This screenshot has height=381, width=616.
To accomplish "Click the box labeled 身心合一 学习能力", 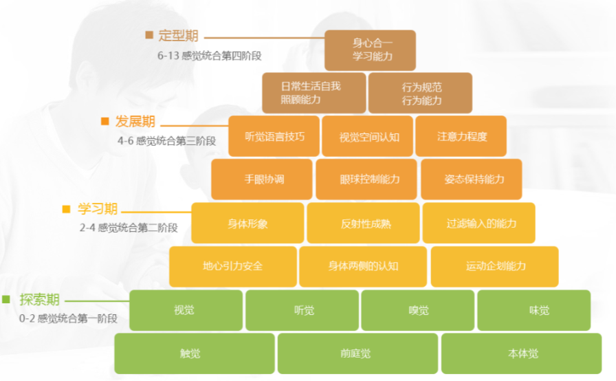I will [x=370, y=50].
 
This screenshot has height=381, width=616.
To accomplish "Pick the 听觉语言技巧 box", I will [x=274, y=136].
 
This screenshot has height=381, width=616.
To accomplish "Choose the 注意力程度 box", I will [x=461, y=136].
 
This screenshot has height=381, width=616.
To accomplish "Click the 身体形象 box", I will [x=247, y=223].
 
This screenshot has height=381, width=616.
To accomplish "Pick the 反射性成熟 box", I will [x=363, y=223].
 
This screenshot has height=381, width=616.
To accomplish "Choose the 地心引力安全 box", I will [x=232, y=266].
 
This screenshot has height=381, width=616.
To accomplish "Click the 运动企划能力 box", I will [x=494, y=266].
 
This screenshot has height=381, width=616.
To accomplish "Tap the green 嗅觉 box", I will [x=417, y=310].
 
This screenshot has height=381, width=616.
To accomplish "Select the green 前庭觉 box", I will [x=357, y=353].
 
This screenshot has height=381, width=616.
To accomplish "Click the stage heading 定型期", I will [x=178, y=36].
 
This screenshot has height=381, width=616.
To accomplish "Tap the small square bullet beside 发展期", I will [x=105, y=121].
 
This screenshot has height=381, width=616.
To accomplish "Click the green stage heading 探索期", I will [x=39, y=300].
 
